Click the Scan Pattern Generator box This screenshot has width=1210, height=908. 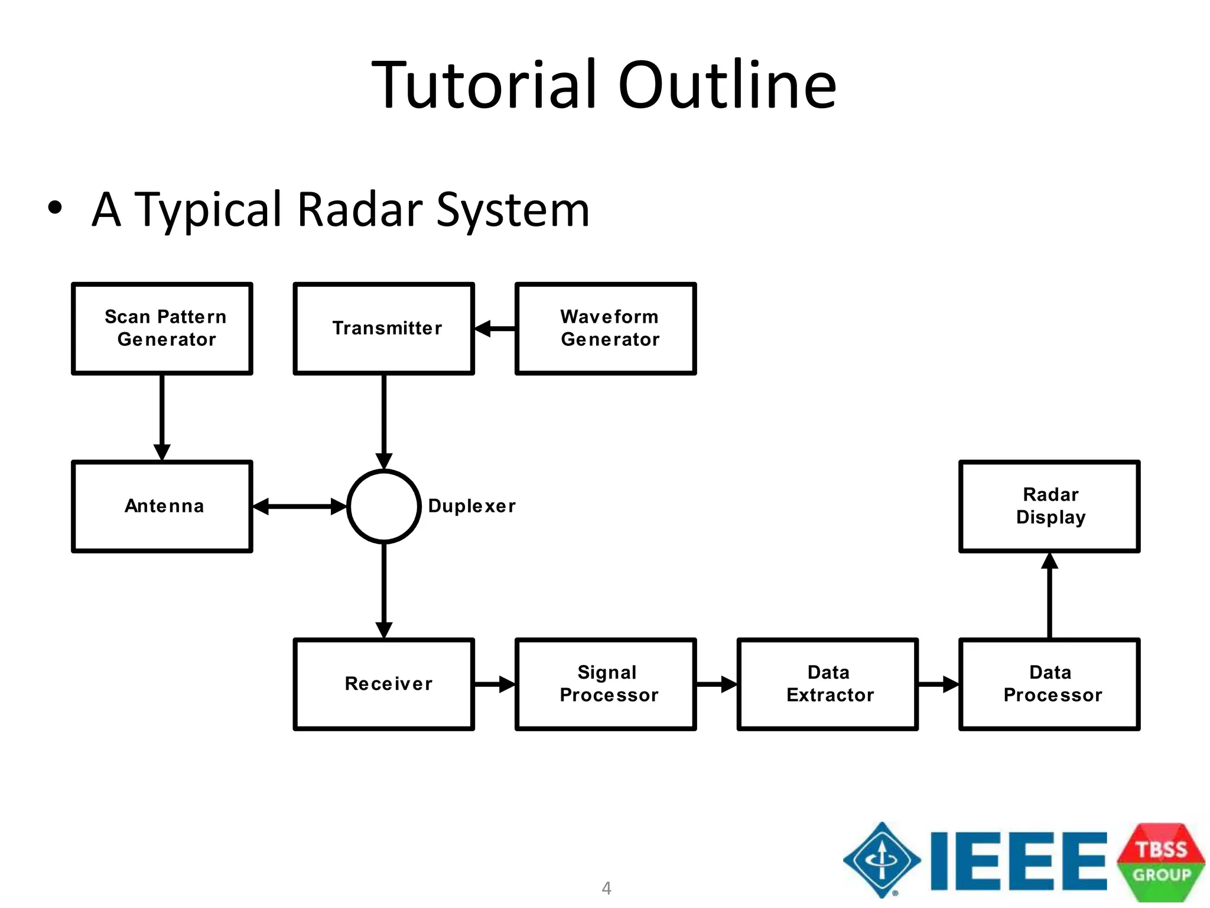pyautogui.click(x=162, y=328)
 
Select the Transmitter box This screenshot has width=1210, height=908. pyautogui.click(x=383, y=328)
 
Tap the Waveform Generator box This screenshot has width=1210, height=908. pyautogui.click(x=606, y=328)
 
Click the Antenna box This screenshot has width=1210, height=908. pyautogui.click(x=162, y=506)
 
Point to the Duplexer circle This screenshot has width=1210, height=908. pyautogui.click(x=383, y=506)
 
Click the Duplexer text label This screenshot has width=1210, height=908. pyautogui.click(x=471, y=506)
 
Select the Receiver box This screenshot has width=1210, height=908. pyautogui.click(x=383, y=684)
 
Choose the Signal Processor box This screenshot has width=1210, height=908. pyautogui.click(x=606, y=684)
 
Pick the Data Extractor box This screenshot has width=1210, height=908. pyautogui.click(x=827, y=684)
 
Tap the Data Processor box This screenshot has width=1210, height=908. pyautogui.click(x=1049, y=684)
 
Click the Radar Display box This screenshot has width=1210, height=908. pyautogui.click(x=1049, y=506)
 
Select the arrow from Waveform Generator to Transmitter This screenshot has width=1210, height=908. pyautogui.click(x=495, y=328)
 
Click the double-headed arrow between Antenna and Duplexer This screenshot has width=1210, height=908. pyautogui.click(x=300, y=506)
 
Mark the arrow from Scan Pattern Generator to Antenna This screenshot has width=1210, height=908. pyautogui.click(x=162, y=417)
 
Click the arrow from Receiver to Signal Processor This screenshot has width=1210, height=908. pyautogui.click(x=495, y=684)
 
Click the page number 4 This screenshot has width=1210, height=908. pyautogui.click(x=606, y=887)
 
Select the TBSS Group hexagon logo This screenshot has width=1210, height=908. pyautogui.click(x=1160, y=862)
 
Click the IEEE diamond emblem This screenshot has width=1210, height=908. pyautogui.click(x=882, y=860)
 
